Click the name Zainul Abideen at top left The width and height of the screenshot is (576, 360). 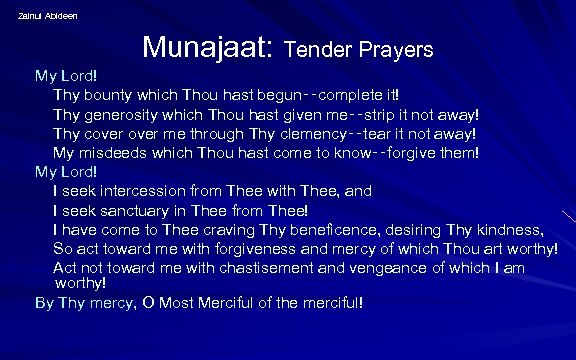[48, 15]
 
